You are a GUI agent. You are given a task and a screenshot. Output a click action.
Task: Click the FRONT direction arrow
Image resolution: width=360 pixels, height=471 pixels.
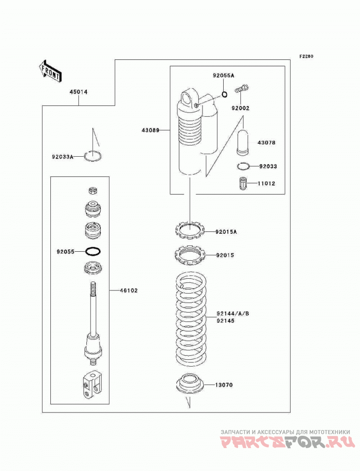pos(50,71)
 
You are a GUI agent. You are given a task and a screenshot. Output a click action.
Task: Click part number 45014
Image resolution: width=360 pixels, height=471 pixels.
pos(79,92)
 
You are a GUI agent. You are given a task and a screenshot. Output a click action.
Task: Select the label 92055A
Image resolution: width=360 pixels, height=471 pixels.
pos(223,76)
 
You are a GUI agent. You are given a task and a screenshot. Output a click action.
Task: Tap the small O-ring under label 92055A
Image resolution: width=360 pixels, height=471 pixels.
pos(224,95)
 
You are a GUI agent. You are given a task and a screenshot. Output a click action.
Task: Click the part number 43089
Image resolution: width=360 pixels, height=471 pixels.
pos(150,130)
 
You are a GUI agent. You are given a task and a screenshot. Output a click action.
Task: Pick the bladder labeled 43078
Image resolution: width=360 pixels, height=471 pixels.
pos(243,142)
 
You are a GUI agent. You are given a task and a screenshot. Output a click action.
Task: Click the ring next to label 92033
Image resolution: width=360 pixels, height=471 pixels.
pos(243,166)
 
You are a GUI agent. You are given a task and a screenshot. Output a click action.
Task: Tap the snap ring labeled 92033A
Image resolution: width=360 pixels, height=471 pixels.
pos(93,156)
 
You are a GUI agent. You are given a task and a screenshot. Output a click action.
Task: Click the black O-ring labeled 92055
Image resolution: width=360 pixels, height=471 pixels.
pos(93,251)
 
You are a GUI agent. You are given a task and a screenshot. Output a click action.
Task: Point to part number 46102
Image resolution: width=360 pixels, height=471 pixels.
pos(129,290)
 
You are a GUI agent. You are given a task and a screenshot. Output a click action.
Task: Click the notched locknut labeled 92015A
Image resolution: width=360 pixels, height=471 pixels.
pos(190,231)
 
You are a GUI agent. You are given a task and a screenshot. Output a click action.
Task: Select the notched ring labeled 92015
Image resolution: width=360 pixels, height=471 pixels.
pos(190,255)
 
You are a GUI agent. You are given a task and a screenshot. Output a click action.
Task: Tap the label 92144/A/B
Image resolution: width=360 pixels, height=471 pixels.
pos(233,313)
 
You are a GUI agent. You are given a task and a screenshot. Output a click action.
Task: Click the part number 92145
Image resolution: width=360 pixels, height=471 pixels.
pos(225,321)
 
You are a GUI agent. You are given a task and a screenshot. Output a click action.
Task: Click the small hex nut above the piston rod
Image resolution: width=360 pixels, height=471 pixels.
pos(93,190)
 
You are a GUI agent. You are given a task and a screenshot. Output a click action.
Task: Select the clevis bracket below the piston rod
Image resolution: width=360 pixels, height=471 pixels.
pos(92,385)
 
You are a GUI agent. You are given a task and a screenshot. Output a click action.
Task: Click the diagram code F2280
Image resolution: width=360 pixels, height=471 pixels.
pos(306,56)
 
